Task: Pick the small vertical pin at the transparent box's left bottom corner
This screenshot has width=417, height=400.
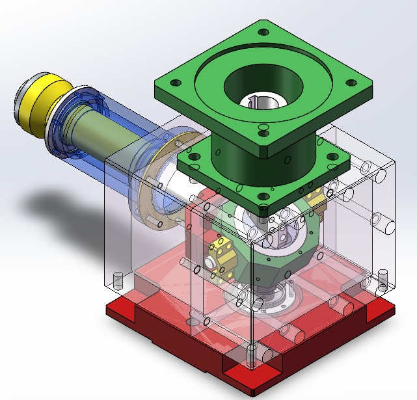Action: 118,280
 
